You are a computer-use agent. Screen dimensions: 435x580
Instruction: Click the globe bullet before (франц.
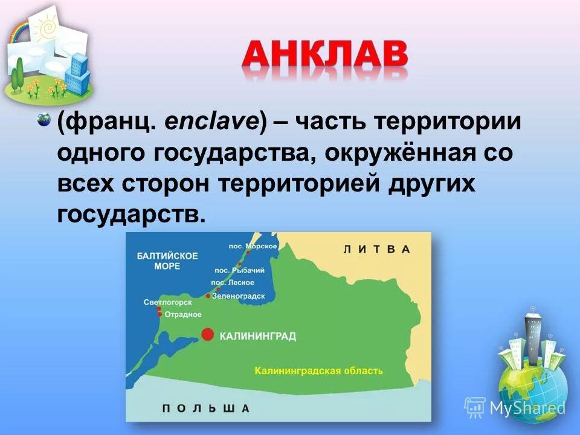pyautogui.click(x=43, y=120)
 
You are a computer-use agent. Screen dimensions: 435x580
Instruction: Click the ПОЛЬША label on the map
pyautogui.click(x=205, y=408)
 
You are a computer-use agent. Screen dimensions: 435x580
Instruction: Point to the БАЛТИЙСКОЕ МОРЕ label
pyautogui.click(x=167, y=260)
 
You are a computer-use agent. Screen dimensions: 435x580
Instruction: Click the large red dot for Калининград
pyautogui.click(x=207, y=334)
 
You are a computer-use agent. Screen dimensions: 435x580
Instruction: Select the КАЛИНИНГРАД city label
pyautogui.click(x=257, y=336)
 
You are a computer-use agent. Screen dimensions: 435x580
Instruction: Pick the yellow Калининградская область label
pyautogui.click(x=318, y=370)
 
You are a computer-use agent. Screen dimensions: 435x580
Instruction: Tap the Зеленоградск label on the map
pyautogui.click(x=239, y=295)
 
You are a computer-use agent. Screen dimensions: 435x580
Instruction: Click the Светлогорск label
pyautogui.click(x=168, y=301)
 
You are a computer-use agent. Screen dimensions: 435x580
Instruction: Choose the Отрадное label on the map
pyautogui.click(x=182, y=314)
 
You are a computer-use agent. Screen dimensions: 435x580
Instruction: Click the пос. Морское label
pyautogui.click(x=253, y=245)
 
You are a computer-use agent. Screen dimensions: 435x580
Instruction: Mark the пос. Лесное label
pyautogui.click(x=232, y=283)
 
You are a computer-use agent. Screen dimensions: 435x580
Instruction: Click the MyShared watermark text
pyautogui.click(x=527, y=408)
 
